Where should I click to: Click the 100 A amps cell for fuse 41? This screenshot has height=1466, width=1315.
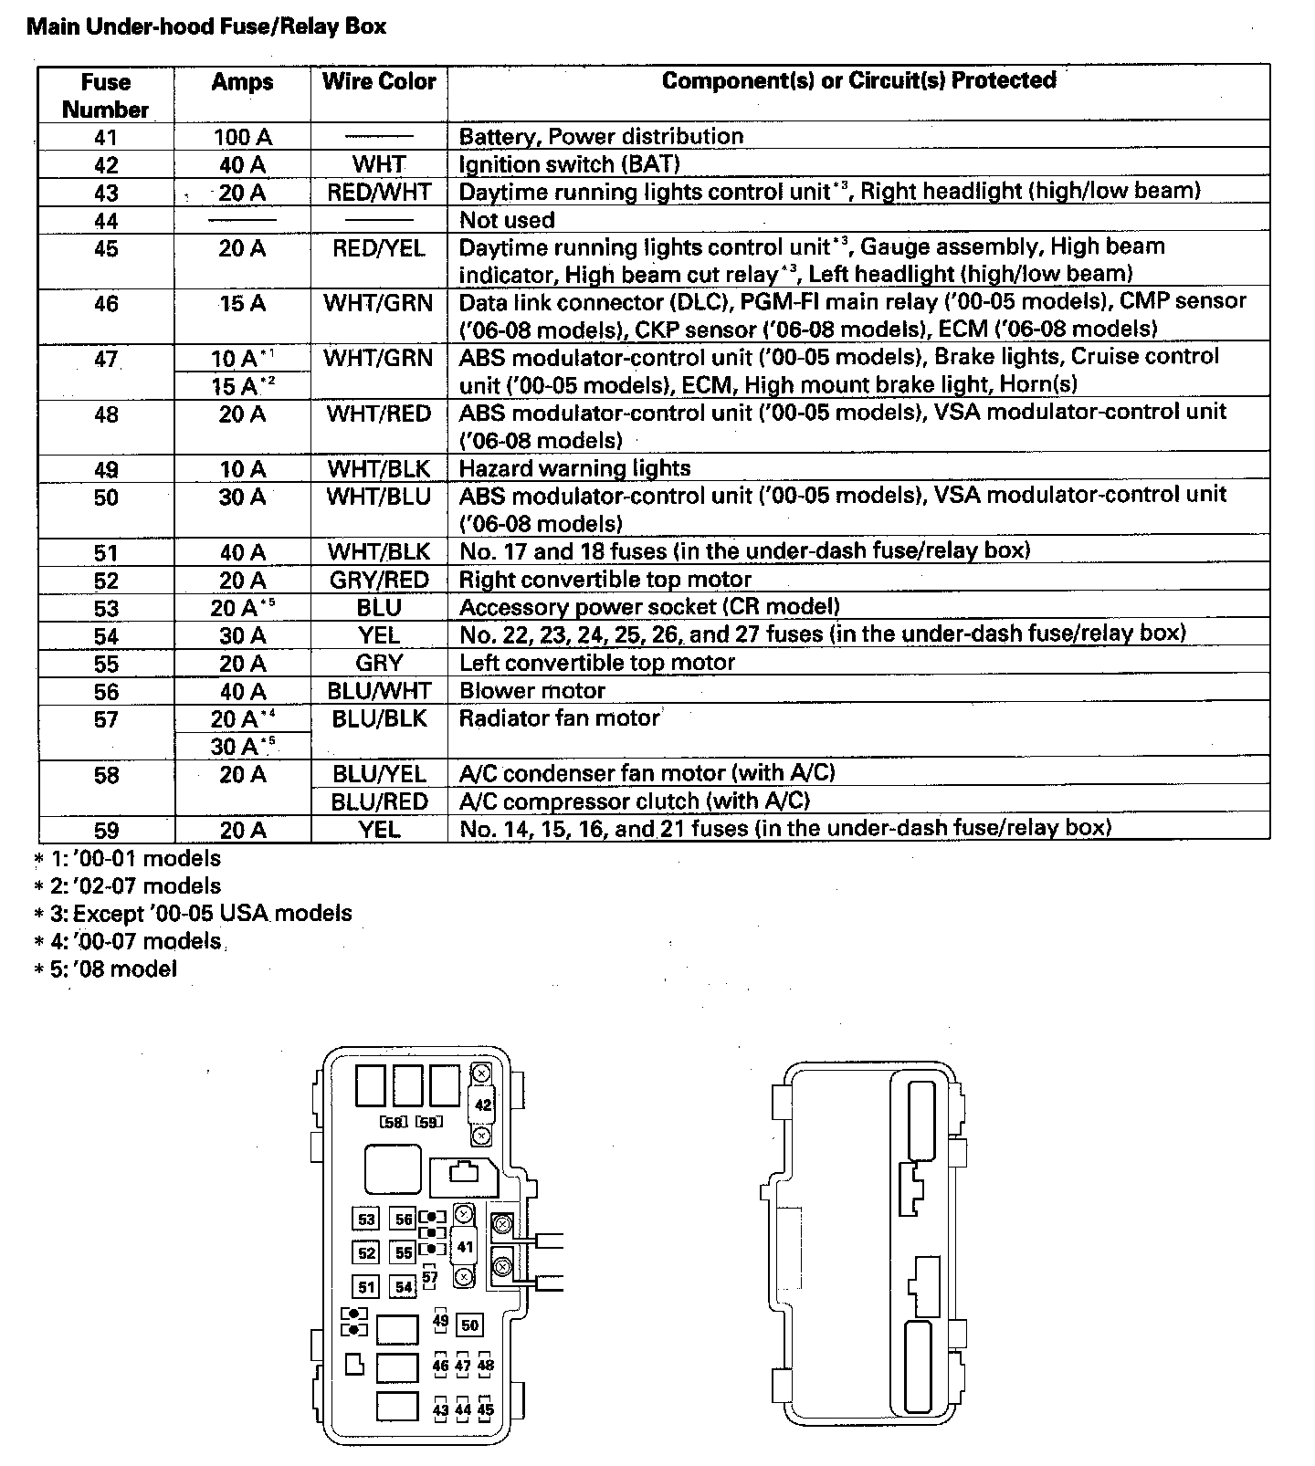tap(242, 137)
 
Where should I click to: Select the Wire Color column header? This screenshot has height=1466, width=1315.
tap(379, 81)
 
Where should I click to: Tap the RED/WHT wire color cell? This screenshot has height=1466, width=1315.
tap(379, 193)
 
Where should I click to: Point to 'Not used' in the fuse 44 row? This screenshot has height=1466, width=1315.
tap(507, 220)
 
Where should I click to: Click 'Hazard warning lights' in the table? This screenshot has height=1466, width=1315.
tap(574, 468)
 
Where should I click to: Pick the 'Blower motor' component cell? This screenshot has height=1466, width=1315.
tap(532, 691)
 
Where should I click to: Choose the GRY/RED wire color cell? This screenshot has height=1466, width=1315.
tap(379, 581)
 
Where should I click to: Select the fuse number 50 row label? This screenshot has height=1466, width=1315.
tap(106, 497)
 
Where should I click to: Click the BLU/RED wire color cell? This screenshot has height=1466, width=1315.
tap(379, 801)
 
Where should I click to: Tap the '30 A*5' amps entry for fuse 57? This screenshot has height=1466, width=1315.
tap(242, 747)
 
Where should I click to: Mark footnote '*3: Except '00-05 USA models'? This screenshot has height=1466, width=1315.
tap(193, 914)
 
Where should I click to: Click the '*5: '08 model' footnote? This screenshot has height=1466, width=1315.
tap(106, 969)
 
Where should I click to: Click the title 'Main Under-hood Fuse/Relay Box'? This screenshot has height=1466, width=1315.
tap(206, 26)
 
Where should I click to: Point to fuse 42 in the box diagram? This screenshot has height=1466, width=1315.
tap(482, 1105)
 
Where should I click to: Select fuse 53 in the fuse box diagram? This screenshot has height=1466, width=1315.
tap(366, 1220)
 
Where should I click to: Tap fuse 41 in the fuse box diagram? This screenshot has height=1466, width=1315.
tap(465, 1247)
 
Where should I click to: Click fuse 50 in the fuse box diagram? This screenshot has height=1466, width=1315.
tap(469, 1325)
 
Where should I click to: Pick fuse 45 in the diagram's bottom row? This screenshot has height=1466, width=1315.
tap(486, 1409)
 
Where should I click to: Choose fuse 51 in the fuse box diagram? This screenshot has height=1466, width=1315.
tap(366, 1287)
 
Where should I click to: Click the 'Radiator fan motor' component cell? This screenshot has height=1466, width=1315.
tap(559, 718)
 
